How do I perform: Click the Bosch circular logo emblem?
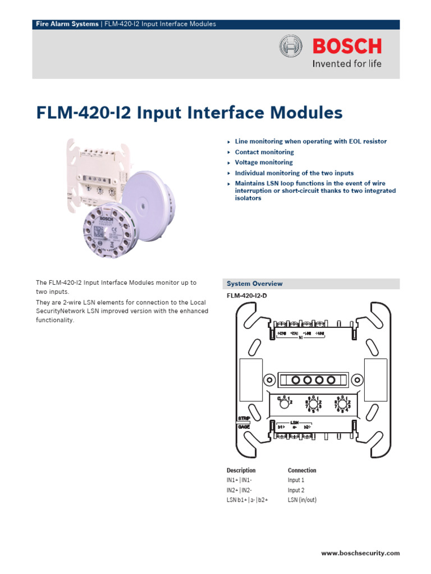tap(291, 46)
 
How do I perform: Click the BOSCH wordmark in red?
tap(347, 46)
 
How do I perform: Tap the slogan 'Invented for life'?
tap(346, 63)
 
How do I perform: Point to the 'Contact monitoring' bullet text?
tap(264, 152)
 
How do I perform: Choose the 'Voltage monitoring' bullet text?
tap(264, 163)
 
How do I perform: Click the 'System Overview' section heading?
tap(255, 284)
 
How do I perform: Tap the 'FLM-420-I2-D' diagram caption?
tap(247, 295)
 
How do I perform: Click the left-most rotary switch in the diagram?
tap(284, 402)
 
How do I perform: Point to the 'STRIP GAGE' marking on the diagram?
tap(244, 423)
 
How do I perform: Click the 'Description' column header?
tap(241, 470)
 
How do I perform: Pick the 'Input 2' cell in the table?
tap(296, 490)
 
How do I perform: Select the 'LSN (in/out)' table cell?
tap(302, 499)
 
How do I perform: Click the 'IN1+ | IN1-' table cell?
tap(239, 480)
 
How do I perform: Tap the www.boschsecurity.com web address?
tap(360, 553)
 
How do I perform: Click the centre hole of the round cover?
tap(148, 200)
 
